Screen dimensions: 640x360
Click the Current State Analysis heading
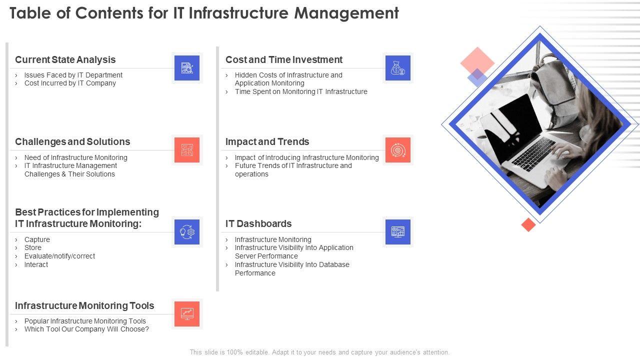point(65,59)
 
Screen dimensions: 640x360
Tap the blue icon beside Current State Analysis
point(187,68)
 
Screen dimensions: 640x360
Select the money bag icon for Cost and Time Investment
point(397,68)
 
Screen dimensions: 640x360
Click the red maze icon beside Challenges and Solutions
point(187,150)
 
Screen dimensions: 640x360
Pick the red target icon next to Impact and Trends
point(397,150)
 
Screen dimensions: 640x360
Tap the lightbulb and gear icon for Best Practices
point(187,232)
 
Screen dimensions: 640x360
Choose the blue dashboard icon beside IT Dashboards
point(397,232)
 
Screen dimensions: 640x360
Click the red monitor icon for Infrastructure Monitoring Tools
point(187,313)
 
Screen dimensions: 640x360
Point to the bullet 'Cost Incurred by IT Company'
point(70,83)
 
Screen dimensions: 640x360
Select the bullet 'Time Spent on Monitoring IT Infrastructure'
point(301,91)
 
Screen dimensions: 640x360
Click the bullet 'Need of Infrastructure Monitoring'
point(75,157)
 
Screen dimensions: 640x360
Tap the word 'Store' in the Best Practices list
point(33,247)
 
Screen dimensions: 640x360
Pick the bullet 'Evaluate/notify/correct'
point(59,256)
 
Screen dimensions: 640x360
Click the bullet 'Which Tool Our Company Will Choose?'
point(86,329)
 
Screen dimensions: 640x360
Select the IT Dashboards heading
point(258,223)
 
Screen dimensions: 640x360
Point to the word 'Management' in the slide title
point(346,13)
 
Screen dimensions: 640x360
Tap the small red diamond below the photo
point(528,224)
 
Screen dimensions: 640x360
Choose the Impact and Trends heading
point(267,141)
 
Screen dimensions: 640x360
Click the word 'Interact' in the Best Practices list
point(36,264)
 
